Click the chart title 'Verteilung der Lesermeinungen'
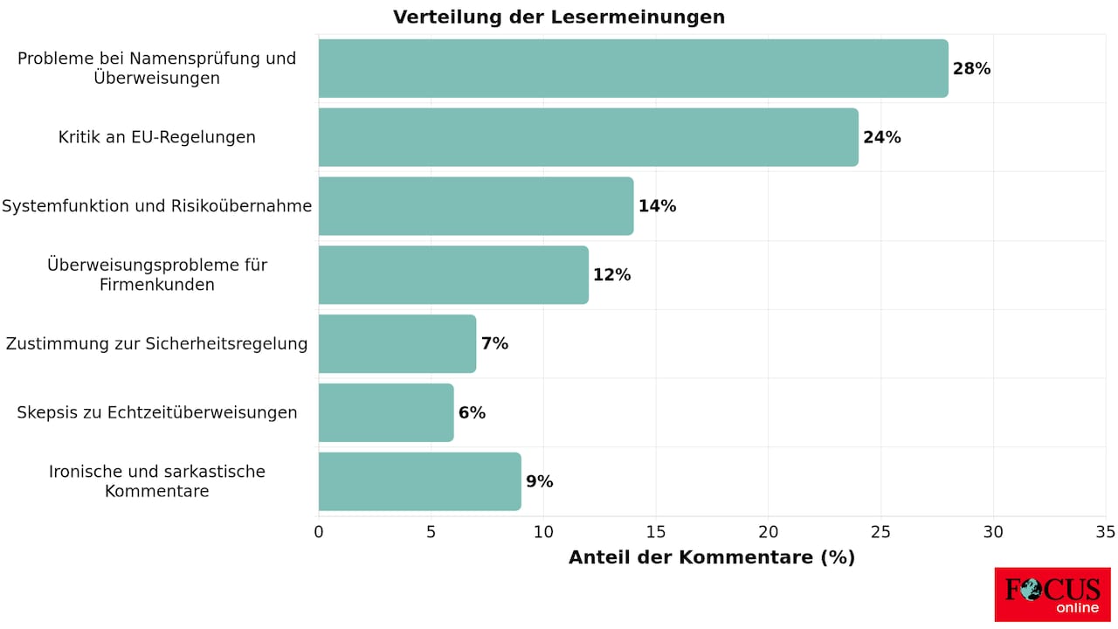(x=558, y=17)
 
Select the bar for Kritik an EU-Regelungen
(x=588, y=137)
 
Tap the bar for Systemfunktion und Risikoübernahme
(x=475, y=206)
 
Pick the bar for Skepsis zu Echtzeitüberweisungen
(x=386, y=412)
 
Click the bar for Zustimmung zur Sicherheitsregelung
(x=397, y=343)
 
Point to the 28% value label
(x=971, y=69)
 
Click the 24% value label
(x=881, y=137)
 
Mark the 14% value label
(x=657, y=206)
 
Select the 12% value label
(x=611, y=275)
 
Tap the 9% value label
(x=539, y=481)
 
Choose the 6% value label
(x=472, y=412)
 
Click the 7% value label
(x=494, y=343)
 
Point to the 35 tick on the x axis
(x=1105, y=532)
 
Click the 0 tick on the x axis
(x=319, y=532)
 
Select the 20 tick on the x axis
(x=769, y=532)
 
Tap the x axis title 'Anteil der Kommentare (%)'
(x=711, y=557)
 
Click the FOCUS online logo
(x=1052, y=594)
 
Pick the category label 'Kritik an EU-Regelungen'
(x=157, y=137)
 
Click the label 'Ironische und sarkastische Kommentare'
(x=157, y=481)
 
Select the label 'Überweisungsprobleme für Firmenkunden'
(x=157, y=275)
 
